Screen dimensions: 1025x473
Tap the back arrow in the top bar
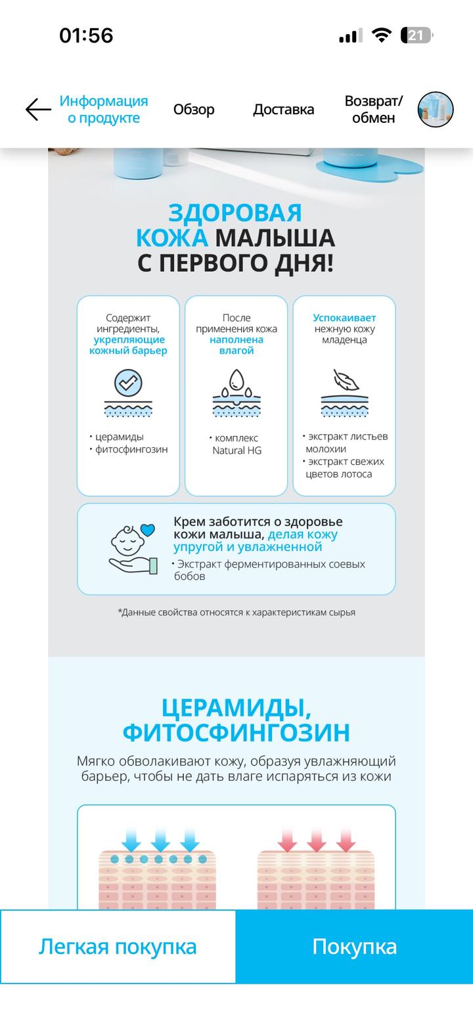[38, 110]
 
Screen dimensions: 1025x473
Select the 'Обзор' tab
[194, 110]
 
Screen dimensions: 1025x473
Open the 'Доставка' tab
[283, 110]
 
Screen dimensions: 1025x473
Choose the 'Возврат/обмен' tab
[373, 110]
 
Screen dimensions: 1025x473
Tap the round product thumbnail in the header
[436, 110]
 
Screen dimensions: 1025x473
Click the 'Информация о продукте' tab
[104, 110]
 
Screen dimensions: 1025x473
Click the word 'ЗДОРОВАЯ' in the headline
[235, 213]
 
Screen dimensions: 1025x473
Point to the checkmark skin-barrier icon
[128, 382]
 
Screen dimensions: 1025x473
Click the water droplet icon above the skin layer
[236, 381]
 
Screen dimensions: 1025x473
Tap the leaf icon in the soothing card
[345, 380]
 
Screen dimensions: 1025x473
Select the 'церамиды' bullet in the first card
[119, 437]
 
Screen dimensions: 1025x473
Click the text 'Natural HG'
[237, 450]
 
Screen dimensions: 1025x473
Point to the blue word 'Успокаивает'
[344, 318]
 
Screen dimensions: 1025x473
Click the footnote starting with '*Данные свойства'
[236, 612]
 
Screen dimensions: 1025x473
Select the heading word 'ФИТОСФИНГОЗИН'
[236, 732]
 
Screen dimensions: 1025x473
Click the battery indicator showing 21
[416, 35]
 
